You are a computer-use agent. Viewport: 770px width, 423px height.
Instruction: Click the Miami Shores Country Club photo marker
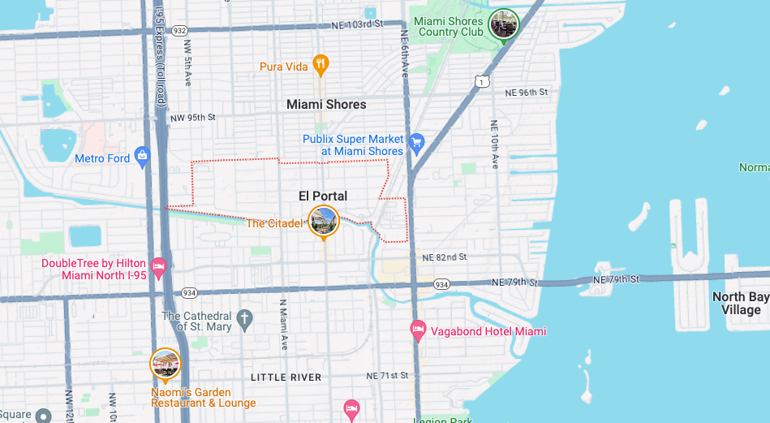pyautogui.click(x=505, y=24)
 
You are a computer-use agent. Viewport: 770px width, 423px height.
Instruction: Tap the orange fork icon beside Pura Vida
pyautogui.click(x=321, y=65)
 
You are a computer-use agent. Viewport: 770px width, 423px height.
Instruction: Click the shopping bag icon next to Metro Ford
pyautogui.click(x=143, y=158)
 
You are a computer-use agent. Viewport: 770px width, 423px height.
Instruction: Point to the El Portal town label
pyautogui.click(x=323, y=196)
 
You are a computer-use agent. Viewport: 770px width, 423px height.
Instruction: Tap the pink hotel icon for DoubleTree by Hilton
pyautogui.click(x=159, y=266)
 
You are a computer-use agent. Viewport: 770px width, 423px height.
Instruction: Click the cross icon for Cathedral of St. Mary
pyautogui.click(x=245, y=317)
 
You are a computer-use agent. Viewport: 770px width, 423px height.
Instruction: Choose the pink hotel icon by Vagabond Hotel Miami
pyautogui.click(x=418, y=330)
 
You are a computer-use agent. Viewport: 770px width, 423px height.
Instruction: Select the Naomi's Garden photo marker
pyautogui.click(x=166, y=365)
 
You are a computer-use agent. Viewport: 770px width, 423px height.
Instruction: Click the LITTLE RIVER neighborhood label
pyautogui.click(x=286, y=378)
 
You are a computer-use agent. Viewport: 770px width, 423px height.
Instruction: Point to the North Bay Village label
pyautogui.click(x=741, y=303)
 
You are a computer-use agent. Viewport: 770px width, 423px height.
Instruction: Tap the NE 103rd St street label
pyautogui.click(x=357, y=25)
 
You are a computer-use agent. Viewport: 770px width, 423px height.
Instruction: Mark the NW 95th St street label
pyautogui.click(x=193, y=119)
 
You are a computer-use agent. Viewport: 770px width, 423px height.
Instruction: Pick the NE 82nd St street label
pyautogui.click(x=444, y=257)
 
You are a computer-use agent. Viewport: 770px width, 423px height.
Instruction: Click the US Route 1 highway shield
pyautogui.click(x=482, y=81)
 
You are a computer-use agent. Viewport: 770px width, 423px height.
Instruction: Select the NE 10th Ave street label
pyautogui.click(x=494, y=145)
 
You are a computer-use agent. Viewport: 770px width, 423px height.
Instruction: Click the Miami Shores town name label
pyautogui.click(x=326, y=105)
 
